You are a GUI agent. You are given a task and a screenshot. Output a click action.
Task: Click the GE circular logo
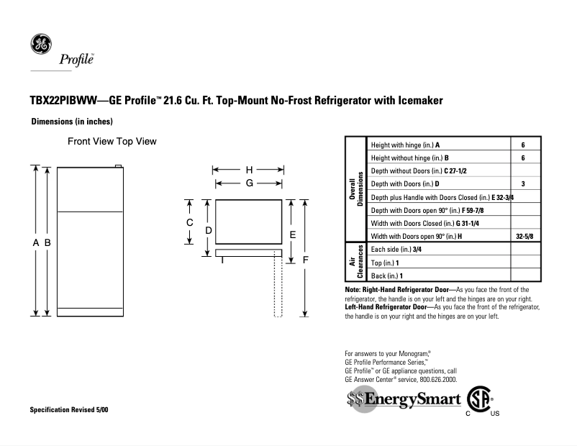point(40,44)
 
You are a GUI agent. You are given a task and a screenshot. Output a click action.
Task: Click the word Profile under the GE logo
point(74,60)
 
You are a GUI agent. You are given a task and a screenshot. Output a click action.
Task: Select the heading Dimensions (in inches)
point(72,122)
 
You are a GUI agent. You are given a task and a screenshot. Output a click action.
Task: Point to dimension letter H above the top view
point(249,170)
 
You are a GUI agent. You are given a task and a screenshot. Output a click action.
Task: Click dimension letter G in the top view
point(249,183)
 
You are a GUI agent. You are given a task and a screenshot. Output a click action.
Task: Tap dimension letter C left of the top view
point(190,222)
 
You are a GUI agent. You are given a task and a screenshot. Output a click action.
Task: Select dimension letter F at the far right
point(306,259)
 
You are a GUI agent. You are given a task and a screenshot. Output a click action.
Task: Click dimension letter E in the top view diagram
point(293,235)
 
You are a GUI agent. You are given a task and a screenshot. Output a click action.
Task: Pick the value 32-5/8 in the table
point(524,236)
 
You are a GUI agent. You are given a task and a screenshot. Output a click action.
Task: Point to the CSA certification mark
point(480,399)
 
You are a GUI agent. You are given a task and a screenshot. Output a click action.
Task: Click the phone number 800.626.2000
point(434,379)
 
